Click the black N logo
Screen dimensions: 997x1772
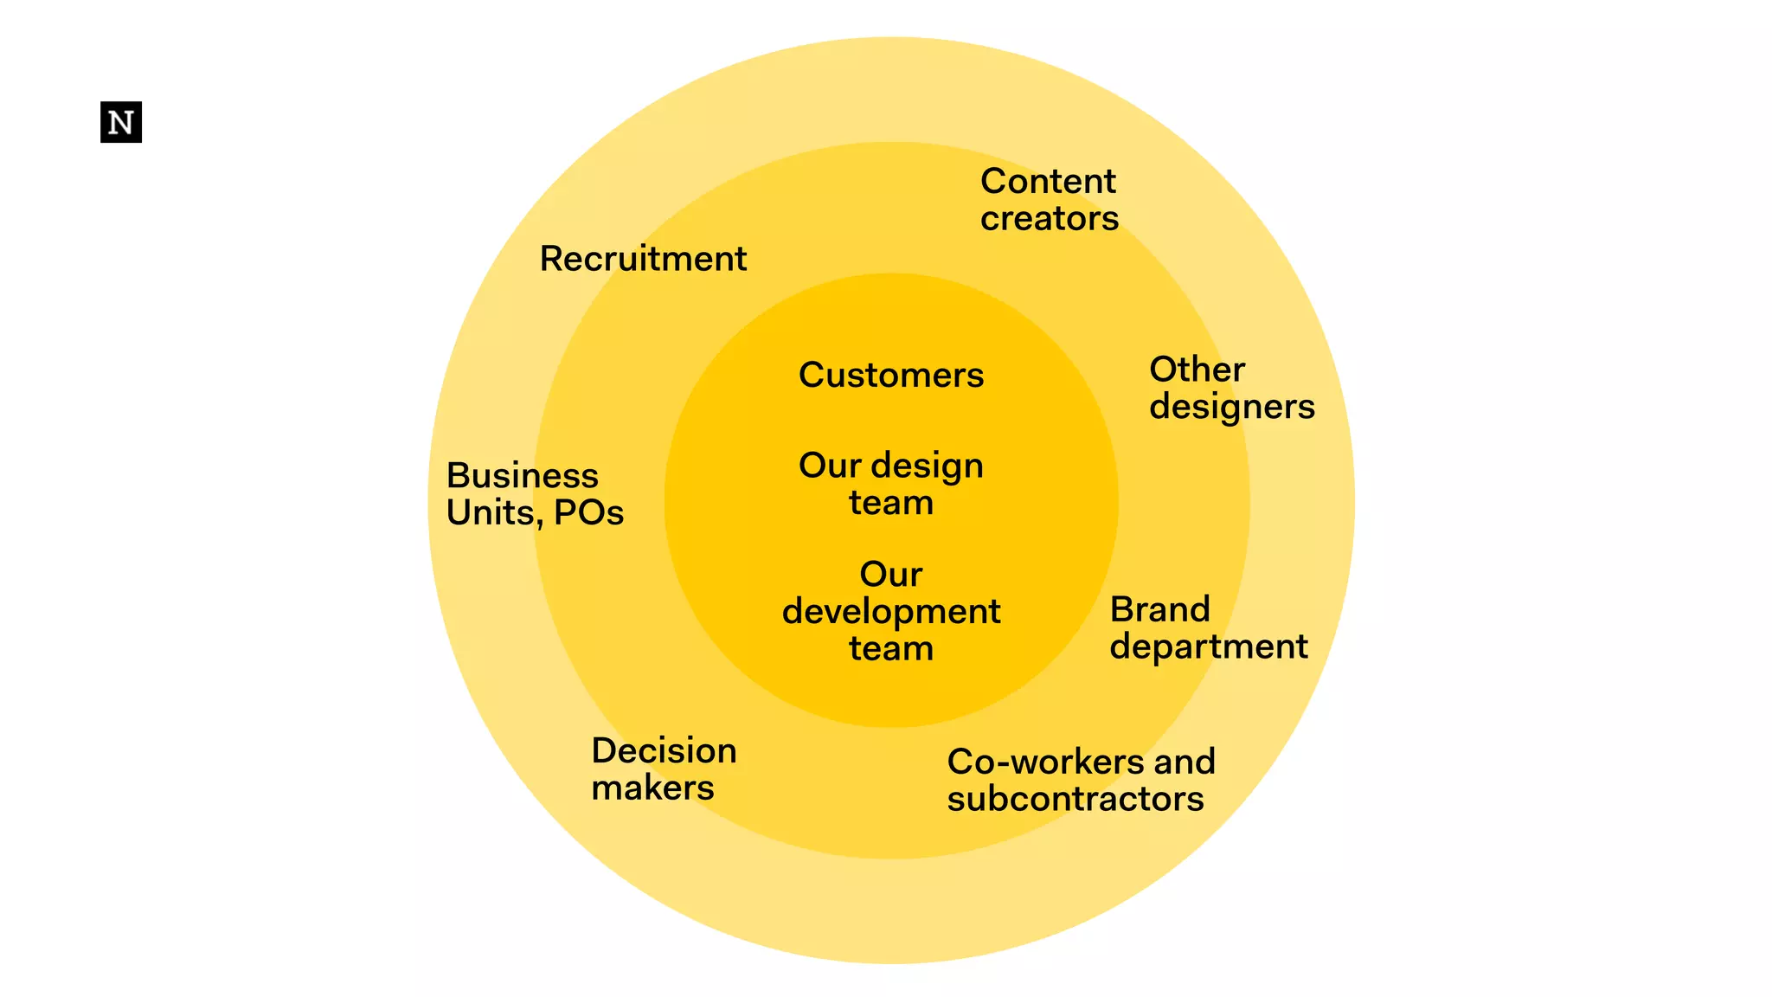tap(121, 122)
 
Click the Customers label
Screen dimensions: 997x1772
tap(891, 376)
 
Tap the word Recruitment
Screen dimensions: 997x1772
tap(643, 259)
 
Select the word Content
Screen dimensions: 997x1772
tap(1048, 182)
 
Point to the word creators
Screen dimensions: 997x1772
tap(1049, 219)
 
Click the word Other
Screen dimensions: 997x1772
tap(1197, 370)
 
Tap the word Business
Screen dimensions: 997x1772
tap(522, 476)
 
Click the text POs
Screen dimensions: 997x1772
tap(588, 513)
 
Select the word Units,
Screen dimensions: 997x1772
tap(494, 513)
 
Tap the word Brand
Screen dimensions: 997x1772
tap(1159, 610)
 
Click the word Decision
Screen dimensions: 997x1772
tap(664, 751)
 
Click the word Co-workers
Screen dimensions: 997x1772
tap(1045, 762)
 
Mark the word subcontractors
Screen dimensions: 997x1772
tap(1075, 799)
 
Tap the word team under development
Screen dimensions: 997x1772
tap(891, 649)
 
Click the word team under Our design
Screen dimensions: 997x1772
tap(891, 503)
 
